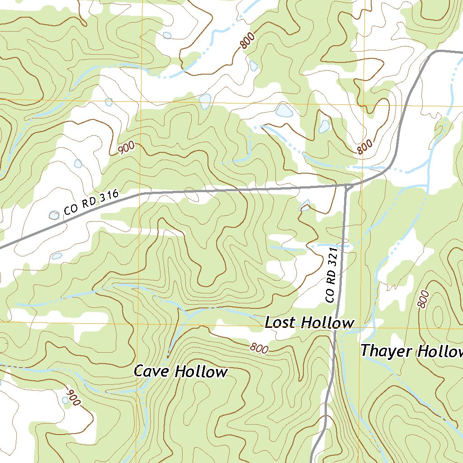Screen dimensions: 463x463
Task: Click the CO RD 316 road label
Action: tap(91, 203)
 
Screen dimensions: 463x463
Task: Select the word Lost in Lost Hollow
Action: tap(281, 323)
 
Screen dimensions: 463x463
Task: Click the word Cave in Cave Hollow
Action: tap(152, 372)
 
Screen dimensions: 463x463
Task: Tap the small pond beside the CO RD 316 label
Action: tap(54, 215)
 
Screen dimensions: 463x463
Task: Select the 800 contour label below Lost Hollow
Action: tap(259, 348)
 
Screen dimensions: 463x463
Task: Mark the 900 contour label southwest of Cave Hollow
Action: tap(72, 397)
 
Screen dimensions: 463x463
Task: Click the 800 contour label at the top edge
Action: tap(247, 41)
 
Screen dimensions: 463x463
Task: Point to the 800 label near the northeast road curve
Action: tap(364, 147)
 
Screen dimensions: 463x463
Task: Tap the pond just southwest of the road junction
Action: tap(305, 206)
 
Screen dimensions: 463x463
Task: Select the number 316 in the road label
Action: tap(109, 196)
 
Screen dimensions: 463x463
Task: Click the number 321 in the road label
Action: tap(333, 256)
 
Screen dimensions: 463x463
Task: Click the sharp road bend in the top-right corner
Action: tap(435, 52)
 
